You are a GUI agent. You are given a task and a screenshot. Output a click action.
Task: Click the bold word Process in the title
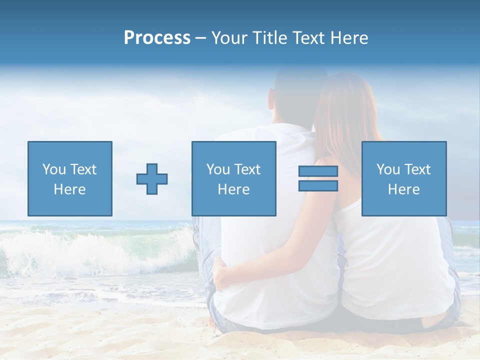point(157,38)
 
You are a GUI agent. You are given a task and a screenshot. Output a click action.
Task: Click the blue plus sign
point(152,179)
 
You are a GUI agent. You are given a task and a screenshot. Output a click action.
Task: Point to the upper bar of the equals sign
point(318,171)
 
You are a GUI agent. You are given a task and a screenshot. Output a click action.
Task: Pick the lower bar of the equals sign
point(318,185)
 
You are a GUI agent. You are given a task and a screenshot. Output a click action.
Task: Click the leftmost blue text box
point(69,178)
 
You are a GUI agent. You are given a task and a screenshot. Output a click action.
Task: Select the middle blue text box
point(233,178)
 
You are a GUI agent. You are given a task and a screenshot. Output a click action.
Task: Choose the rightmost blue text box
point(403,178)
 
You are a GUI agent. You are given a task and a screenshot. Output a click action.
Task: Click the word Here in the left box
point(69,189)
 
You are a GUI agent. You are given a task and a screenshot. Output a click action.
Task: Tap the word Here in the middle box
point(233,189)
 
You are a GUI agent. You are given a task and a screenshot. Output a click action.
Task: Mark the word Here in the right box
point(403,189)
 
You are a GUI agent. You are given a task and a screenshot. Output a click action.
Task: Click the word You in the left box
point(53,169)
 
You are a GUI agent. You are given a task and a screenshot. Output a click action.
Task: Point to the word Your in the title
point(229,38)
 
